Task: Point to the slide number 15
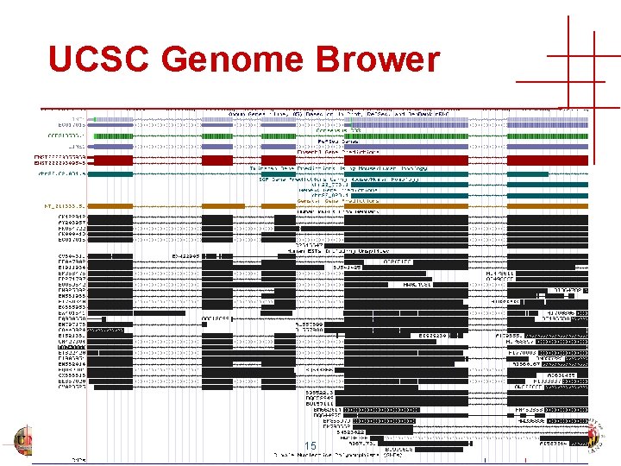[310, 445]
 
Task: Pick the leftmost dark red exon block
[112, 161]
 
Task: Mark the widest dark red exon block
[405, 161]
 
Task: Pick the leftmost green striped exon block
[112, 135]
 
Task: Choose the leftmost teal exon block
[112, 175]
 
